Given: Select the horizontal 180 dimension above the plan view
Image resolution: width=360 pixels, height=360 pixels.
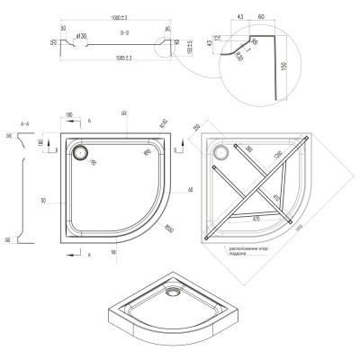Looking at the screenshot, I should (x=69, y=115).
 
